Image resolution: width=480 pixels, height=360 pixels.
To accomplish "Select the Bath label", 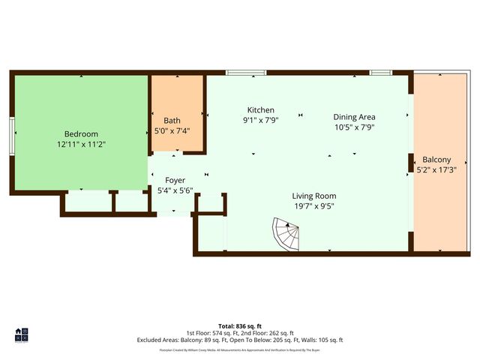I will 172,120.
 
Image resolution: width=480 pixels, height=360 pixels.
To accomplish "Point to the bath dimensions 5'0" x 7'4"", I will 172,130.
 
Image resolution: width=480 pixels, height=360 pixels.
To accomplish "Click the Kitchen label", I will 260,109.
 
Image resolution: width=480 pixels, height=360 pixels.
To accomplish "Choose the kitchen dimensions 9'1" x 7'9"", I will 260,119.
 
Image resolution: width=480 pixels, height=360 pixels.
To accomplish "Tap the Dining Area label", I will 354,117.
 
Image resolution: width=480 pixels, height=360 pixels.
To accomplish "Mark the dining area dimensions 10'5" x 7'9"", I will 354,127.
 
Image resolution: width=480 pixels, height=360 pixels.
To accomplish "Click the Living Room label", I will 313,196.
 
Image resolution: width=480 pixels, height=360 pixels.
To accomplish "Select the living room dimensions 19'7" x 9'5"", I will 313,205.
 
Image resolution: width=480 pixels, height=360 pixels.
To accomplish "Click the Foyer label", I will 175,180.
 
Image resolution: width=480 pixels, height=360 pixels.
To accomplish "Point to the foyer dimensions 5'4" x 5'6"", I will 175,190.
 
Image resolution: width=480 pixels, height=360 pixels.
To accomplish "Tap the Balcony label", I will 436,160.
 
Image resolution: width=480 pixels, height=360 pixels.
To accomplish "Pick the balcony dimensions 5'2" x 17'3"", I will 436,169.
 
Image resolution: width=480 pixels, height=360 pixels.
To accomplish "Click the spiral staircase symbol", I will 286,235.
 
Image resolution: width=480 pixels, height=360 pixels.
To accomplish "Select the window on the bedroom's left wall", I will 12,136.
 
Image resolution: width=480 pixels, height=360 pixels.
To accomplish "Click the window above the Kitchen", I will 245,73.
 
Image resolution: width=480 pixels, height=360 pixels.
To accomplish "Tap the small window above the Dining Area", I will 380,73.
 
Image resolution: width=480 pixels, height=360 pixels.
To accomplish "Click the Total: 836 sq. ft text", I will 239,326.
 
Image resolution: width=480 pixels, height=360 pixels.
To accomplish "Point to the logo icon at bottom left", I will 21,335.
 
